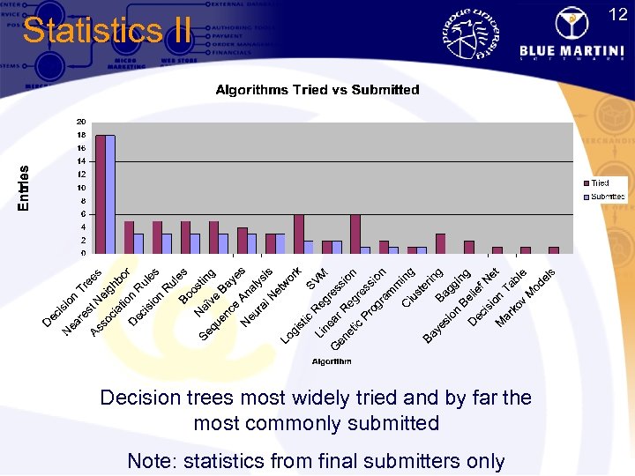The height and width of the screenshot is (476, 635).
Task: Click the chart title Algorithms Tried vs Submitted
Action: coord(317,90)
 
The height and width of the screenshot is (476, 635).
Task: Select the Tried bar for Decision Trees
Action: coord(101,195)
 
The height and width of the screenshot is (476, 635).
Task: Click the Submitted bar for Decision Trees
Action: coord(110,195)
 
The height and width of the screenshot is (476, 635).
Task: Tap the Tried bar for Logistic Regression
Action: coord(298,234)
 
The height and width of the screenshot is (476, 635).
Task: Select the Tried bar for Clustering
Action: coord(412,250)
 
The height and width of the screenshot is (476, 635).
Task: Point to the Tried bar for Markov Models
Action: coord(553,250)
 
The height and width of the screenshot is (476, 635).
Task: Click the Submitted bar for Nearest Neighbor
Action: coord(138,244)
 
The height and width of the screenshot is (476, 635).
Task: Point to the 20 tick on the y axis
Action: coord(81,122)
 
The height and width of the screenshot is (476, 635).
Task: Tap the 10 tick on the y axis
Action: coord(81,188)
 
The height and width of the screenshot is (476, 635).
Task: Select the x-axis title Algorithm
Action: coord(332,361)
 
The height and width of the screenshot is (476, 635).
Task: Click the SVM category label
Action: coord(316,280)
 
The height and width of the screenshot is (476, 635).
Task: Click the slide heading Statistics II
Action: coord(106,31)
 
